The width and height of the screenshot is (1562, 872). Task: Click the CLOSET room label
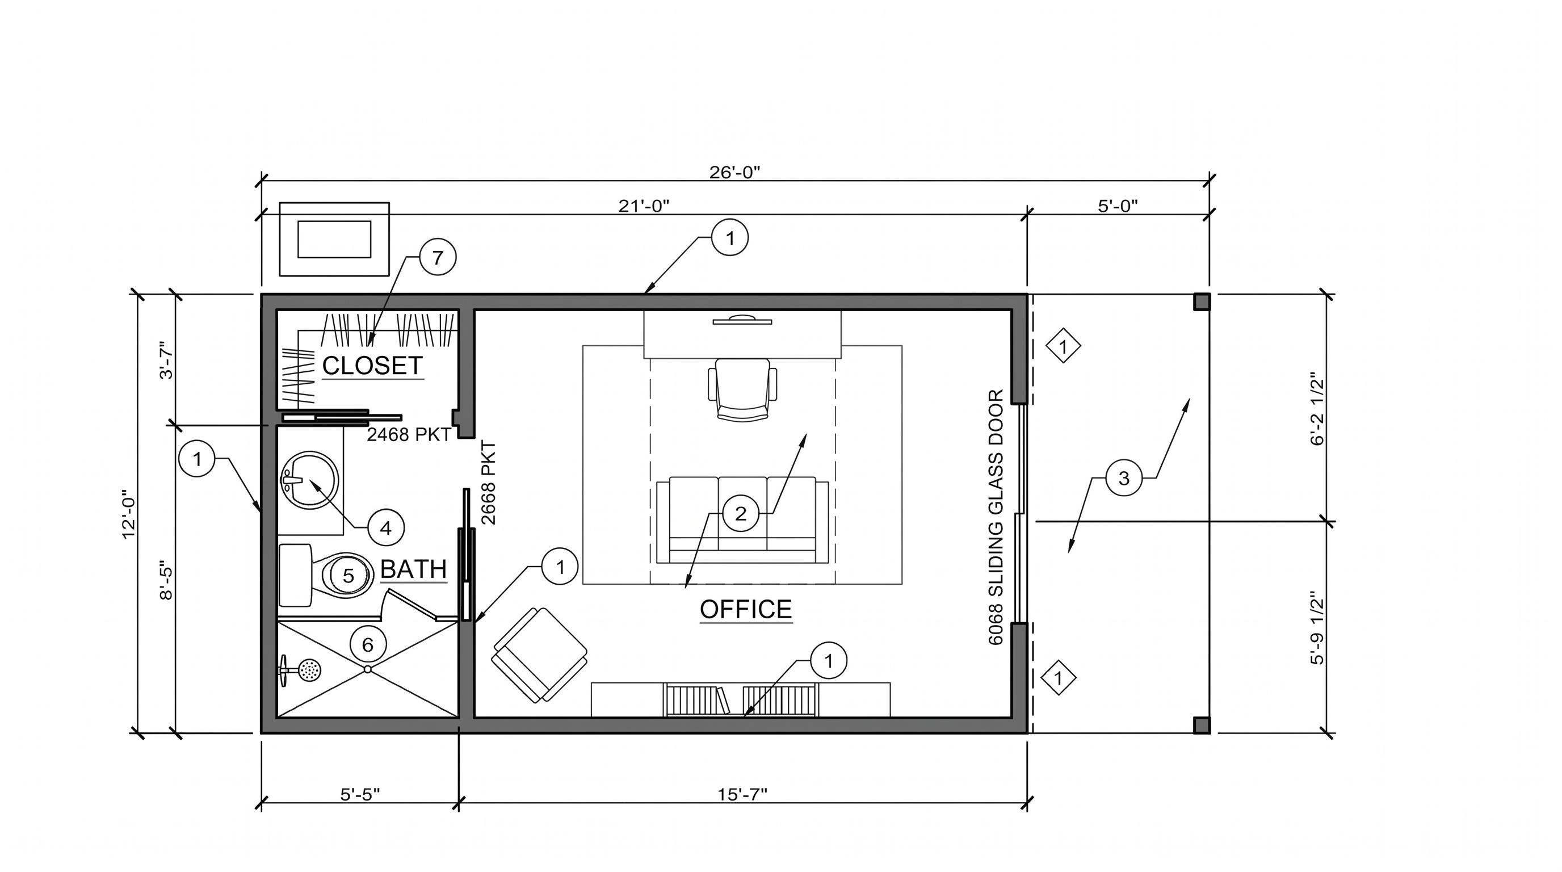click(372, 366)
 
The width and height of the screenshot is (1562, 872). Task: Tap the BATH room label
click(414, 569)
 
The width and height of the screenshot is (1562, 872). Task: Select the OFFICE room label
click(746, 609)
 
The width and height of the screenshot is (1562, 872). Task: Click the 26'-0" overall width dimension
click(734, 173)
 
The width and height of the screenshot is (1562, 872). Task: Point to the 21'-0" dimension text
click(643, 206)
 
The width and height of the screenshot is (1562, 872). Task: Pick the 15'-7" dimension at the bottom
click(742, 794)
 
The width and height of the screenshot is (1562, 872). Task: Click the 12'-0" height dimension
click(129, 514)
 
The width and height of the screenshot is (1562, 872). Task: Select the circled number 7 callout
click(438, 257)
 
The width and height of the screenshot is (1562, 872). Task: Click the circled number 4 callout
click(385, 528)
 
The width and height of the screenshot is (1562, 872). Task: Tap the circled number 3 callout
click(1124, 478)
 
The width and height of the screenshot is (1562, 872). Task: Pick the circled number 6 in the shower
click(367, 644)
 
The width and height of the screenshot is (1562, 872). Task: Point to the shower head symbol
click(301, 670)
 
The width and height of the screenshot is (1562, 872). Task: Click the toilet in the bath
click(326, 575)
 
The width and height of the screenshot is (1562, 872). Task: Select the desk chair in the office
click(742, 389)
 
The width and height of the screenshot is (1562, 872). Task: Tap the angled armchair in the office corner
click(539, 655)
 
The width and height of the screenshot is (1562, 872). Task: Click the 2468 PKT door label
click(409, 435)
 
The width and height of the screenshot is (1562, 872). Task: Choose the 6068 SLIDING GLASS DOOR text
click(996, 517)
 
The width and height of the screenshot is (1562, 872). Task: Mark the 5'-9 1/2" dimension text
click(1317, 628)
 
